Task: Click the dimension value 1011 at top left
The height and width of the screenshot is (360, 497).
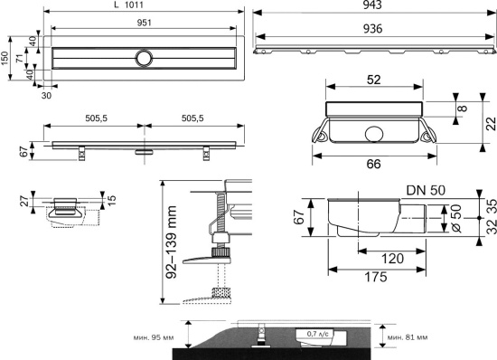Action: pyautogui.click(x=134, y=5)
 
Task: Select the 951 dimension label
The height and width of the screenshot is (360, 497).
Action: pyautogui.click(x=145, y=23)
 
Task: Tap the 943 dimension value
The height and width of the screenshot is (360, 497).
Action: pyautogui.click(x=372, y=5)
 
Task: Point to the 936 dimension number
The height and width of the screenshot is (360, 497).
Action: pyautogui.click(x=372, y=29)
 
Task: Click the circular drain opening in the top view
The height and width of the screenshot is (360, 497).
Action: pyautogui.click(x=145, y=59)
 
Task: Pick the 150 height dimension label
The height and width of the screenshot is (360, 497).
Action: pyautogui.click(x=5, y=59)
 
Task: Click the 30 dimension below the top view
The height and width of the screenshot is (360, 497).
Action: pyautogui.click(x=46, y=96)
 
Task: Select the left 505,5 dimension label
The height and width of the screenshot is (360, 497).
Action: pyautogui.click(x=97, y=118)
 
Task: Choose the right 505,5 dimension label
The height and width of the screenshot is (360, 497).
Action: pyautogui.click(x=192, y=118)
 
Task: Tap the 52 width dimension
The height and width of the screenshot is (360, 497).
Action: pyautogui.click(x=374, y=80)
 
